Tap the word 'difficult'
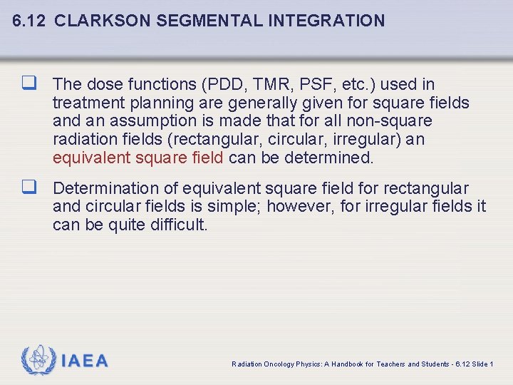pos(177,225)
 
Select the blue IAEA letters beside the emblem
pos(85,361)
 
